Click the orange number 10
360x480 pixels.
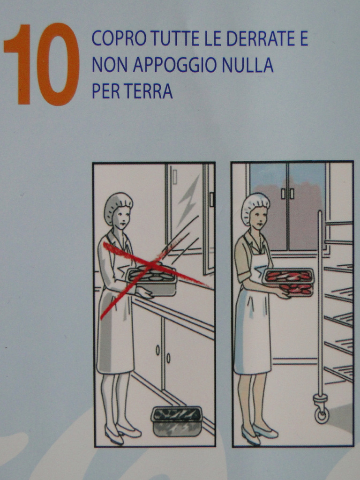pyautogui.click(x=42, y=64)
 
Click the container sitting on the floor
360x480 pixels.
pyautogui.click(x=177, y=421)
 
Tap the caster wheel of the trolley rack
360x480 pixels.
pyautogui.click(x=322, y=412)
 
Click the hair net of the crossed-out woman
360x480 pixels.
pyautogui.click(x=118, y=204)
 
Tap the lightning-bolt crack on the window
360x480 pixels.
pyautogui.click(x=187, y=200)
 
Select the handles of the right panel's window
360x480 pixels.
pyautogui.click(x=287, y=194)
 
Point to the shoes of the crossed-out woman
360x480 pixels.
pyautogui.click(x=122, y=434)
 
